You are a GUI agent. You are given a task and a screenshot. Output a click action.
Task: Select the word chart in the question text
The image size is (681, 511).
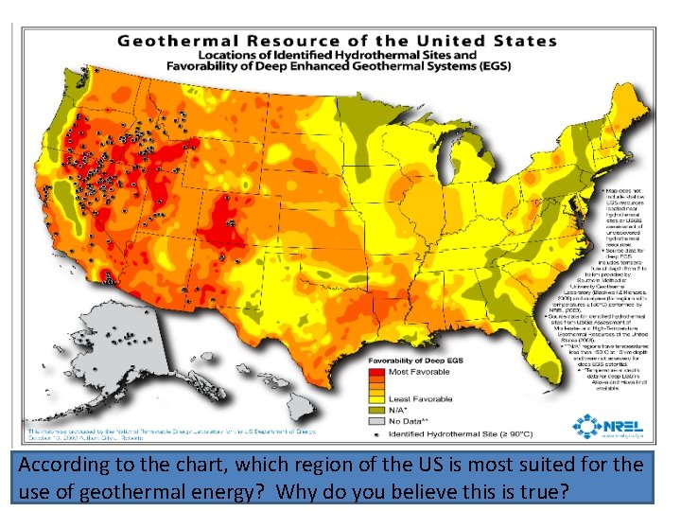(x=188, y=466)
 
